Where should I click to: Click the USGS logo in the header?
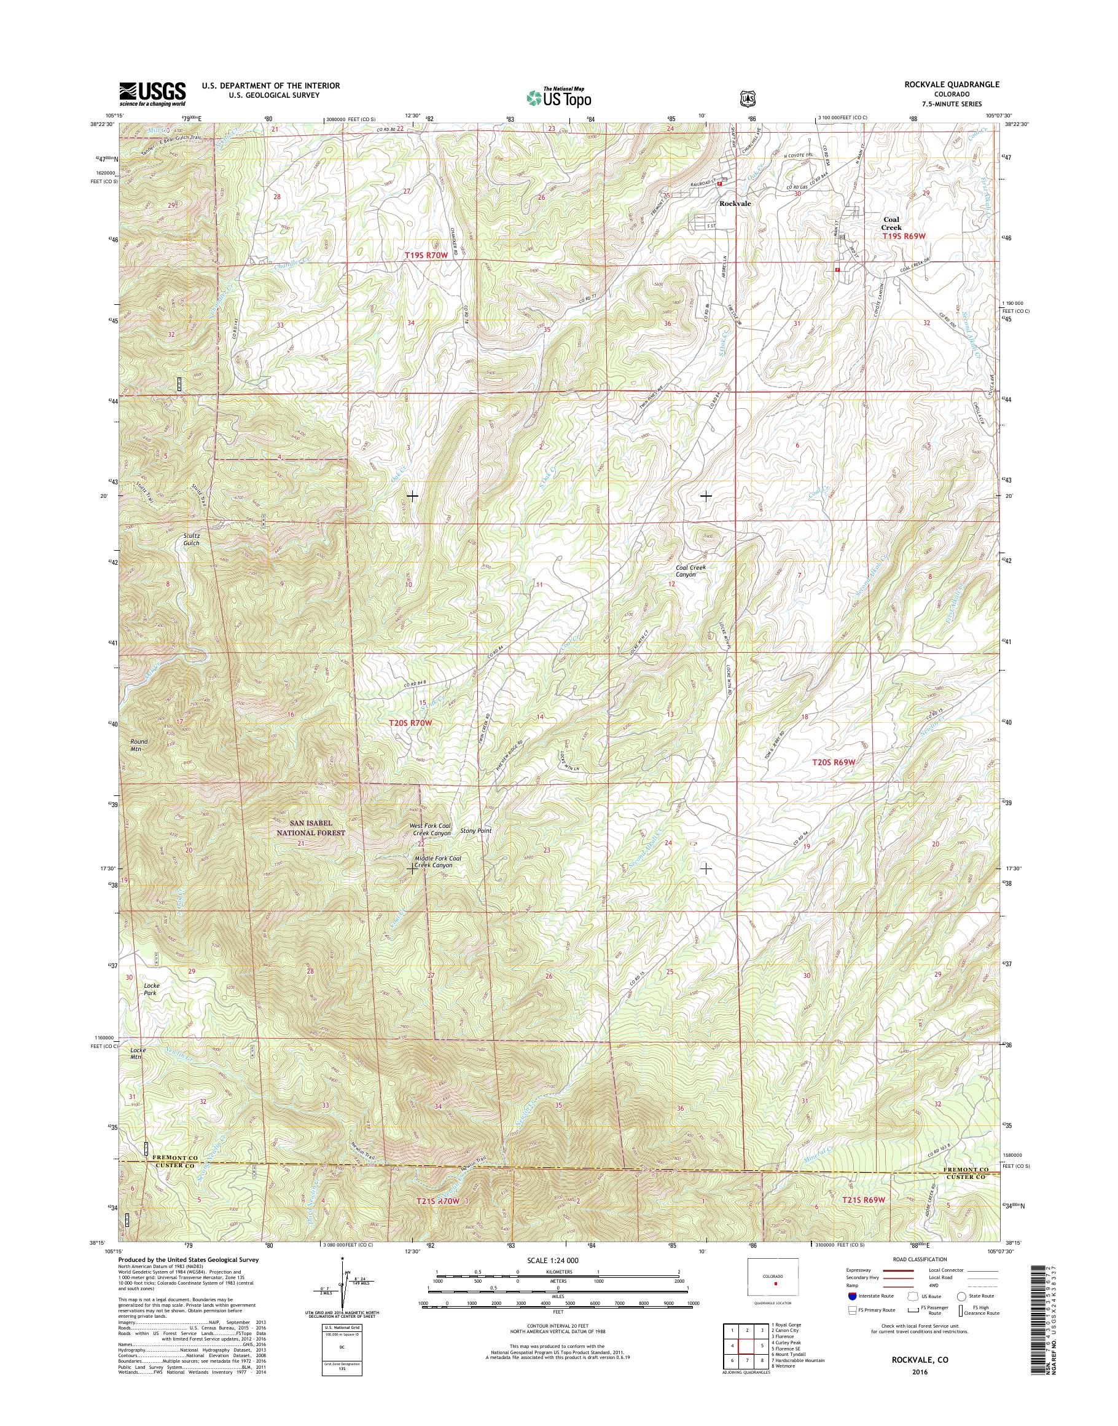152,93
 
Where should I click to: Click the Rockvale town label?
735,203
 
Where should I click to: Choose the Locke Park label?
151,988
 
